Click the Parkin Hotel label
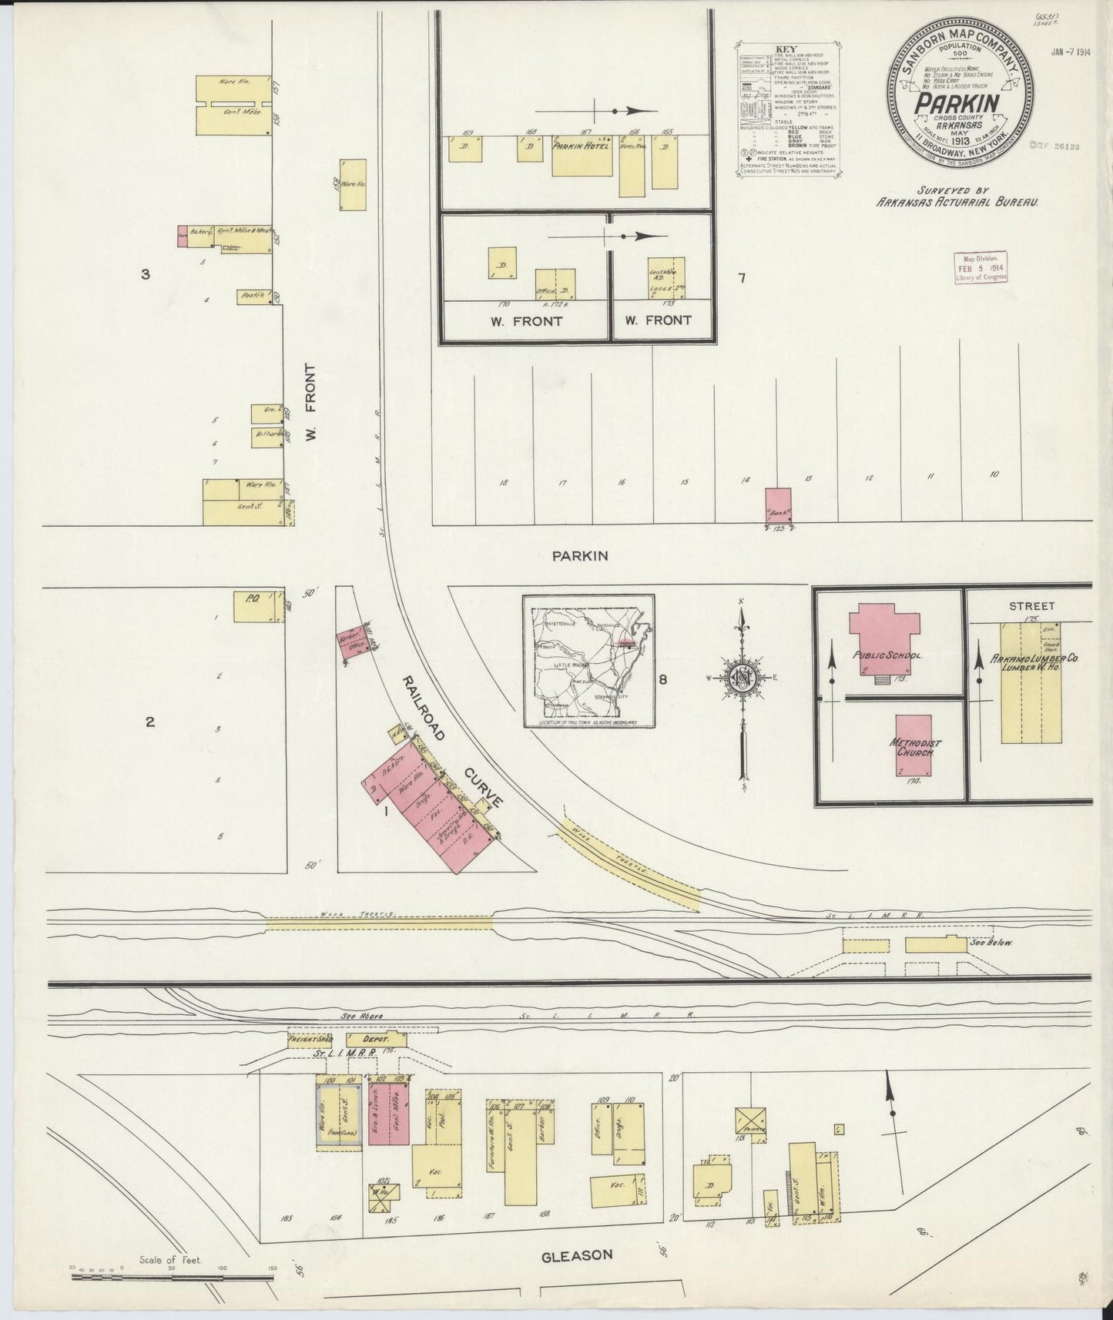pyautogui.click(x=581, y=146)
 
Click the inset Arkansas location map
pyautogui.click(x=588, y=661)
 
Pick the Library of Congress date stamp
pyautogui.click(x=981, y=268)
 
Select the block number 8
pyautogui.click(x=662, y=679)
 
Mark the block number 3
pyautogui.click(x=145, y=273)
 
